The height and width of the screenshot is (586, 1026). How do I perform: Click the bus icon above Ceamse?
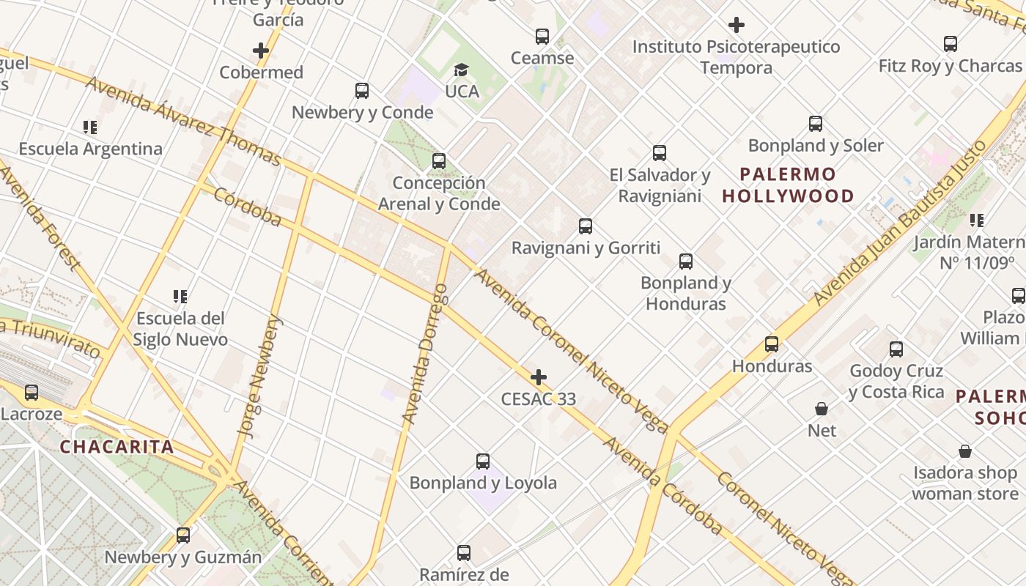[542, 36]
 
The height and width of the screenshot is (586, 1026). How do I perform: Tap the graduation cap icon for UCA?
[461, 70]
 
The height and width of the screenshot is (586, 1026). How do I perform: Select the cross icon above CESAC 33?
[539, 377]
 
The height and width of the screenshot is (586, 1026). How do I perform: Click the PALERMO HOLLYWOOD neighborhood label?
[788, 185]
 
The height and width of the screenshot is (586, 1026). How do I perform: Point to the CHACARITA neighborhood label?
[117, 447]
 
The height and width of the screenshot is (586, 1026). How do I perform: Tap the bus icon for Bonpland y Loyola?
[483, 461]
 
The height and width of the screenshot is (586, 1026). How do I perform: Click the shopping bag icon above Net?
[822, 409]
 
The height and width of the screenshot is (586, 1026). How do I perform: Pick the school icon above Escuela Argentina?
[90, 127]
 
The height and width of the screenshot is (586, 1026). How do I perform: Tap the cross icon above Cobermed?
[261, 51]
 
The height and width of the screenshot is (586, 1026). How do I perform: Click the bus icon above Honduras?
[772, 344]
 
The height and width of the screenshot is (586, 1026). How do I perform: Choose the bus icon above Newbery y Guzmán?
[183, 535]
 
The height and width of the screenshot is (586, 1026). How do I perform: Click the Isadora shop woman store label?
[964, 483]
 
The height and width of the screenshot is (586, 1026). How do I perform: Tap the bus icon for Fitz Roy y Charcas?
[951, 44]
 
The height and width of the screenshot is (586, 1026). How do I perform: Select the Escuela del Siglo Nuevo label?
[180, 329]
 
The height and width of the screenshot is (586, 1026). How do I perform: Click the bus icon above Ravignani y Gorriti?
[586, 226]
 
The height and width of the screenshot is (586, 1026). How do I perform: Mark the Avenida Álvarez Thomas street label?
[183, 121]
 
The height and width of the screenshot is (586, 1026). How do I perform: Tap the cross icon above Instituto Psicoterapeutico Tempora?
[737, 26]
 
